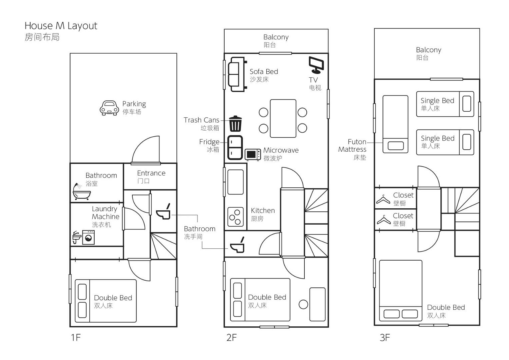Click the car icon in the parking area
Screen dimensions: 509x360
coord(109,108)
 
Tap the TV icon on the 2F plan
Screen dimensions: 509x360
coord(316,65)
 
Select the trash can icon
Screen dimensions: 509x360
coord(235,124)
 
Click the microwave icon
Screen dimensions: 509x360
coord(253,155)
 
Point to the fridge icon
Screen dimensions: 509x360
coord(235,147)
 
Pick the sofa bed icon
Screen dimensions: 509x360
coord(237,74)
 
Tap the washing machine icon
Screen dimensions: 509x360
coord(88,237)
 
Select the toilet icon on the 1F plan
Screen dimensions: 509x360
coord(163,212)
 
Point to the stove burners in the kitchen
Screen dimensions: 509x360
coord(235,217)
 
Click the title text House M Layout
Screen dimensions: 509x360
coord(61,26)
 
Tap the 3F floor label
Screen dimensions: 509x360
coord(385,337)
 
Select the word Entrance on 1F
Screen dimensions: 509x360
coord(151,173)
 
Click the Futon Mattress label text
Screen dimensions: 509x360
coord(352,146)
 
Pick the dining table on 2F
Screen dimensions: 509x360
coord(283,118)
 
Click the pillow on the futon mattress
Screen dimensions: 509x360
coord(396,146)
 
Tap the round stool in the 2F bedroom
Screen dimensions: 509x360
coord(303,304)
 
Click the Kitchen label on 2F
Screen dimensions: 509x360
coord(263,211)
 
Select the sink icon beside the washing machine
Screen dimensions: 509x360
coord(77,237)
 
